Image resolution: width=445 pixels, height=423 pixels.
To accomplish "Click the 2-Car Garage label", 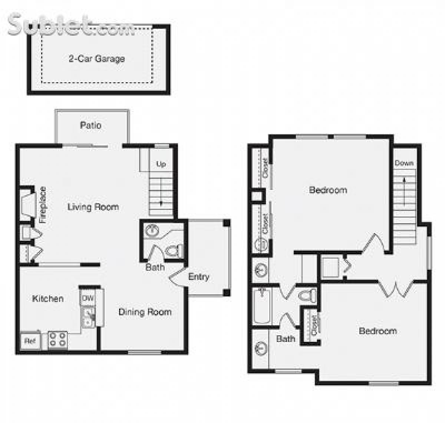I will click(96, 58).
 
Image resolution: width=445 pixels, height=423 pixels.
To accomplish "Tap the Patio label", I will click(90, 125).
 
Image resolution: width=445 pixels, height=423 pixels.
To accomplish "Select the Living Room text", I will click(93, 207).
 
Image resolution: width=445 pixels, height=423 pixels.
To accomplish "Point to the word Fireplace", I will click(43, 205).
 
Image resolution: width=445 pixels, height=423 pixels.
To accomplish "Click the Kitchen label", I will click(48, 298).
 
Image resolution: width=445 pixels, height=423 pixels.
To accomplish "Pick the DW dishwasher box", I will click(88, 298).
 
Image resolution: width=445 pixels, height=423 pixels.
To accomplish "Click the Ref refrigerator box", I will click(30, 341).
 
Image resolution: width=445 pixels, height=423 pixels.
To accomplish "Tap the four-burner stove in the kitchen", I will click(58, 340).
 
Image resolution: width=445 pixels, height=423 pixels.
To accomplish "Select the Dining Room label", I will click(145, 312).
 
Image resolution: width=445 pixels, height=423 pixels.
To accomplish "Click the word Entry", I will click(199, 276).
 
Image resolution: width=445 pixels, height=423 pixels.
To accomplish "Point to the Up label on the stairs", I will click(161, 164).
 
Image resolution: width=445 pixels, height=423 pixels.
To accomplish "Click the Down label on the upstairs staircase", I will click(404, 163).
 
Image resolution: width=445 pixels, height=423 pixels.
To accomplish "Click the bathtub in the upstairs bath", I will click(262, 306).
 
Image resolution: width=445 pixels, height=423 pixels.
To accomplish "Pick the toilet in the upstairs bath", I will click(308, 296).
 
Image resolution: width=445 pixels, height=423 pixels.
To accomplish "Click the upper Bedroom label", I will click(328, 190).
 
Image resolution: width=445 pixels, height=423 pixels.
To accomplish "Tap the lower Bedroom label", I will click(378, 330).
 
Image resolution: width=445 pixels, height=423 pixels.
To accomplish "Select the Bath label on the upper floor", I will click(286, 338).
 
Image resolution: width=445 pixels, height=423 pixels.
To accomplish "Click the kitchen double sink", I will click(88, 318).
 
